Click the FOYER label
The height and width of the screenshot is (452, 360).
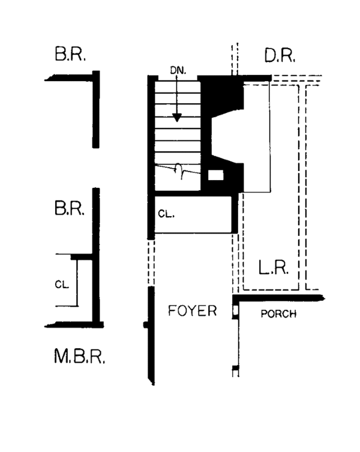click(x=192, y=311)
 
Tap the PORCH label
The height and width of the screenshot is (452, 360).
click(x=278, y=313)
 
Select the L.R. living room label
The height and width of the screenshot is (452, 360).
click(x=273, y=268)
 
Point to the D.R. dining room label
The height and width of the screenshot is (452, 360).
click(x=280, y=55)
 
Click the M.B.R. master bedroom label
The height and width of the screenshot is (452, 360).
click(x=79, y=357)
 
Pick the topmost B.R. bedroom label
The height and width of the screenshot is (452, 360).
click(x=70, y=53)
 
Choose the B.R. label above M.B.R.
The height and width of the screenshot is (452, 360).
click(x=70, y=208)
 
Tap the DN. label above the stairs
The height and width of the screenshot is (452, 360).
click(x=178, y=70)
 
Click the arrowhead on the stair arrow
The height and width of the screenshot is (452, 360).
click(x=176, y=117)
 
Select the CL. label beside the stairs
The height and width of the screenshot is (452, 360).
click(x=166, y=214)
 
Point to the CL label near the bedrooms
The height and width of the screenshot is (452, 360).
click(x=62, y=285)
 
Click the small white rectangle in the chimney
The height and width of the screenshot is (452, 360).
click(x=215, y=175)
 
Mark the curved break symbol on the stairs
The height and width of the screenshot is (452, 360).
click(x=179, y=170)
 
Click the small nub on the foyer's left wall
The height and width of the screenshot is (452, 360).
click(x=146, y=325)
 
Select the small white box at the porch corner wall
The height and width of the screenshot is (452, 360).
click(x=235, y=310)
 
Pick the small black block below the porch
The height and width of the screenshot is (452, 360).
click(x=236, y=368)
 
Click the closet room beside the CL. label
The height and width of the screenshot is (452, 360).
click(x=193, y=214)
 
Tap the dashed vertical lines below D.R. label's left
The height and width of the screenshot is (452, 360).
click(x=235, y=59)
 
